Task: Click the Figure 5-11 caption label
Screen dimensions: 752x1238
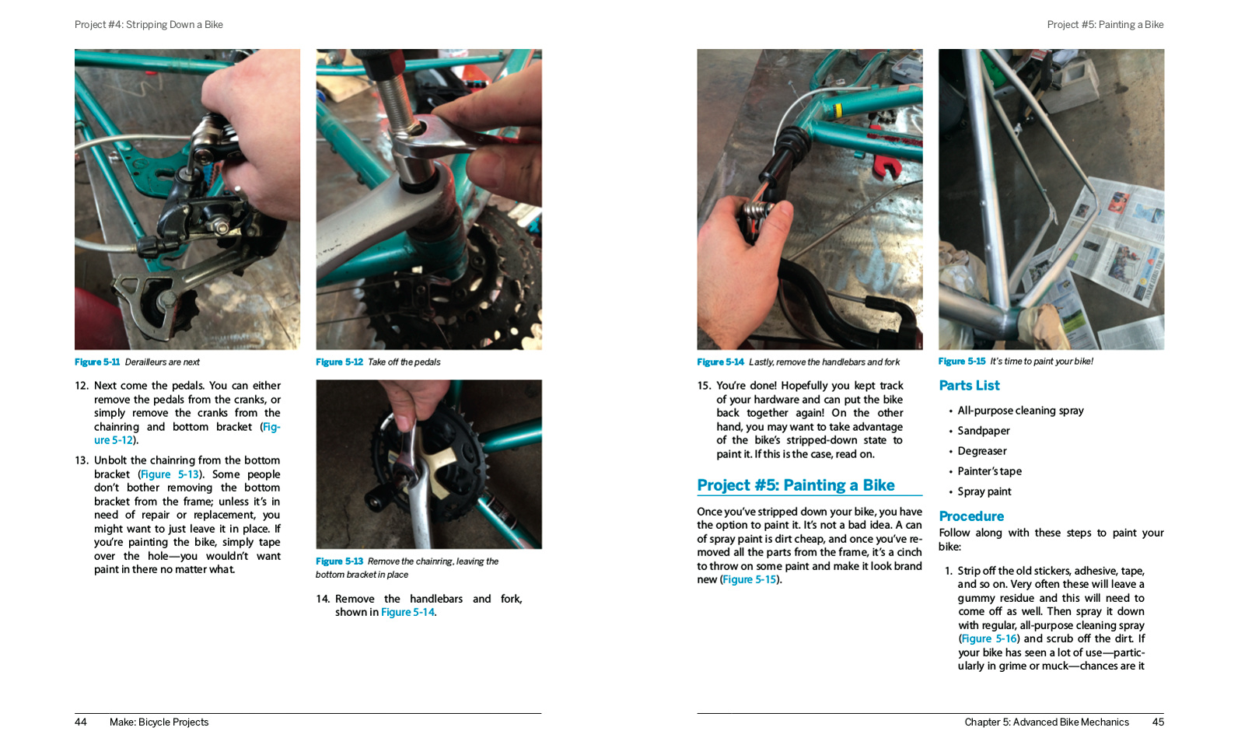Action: [x=97, y=362]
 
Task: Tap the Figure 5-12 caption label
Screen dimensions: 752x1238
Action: [x=339, y=362]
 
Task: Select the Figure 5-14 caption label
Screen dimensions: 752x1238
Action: [x=720, y=362]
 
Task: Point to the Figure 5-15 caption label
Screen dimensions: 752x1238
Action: [x=961, y=362]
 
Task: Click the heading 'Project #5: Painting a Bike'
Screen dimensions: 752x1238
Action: [x=796, y=485]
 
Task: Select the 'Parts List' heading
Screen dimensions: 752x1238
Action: [x=969, y=386]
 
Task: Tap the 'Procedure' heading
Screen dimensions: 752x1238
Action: [x=971, y=516]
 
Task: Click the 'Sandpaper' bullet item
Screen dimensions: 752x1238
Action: [x=984, y=431]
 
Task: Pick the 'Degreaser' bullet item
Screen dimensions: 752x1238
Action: [x=982, y=451]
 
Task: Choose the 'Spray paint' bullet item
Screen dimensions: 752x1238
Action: [x=984, y=491]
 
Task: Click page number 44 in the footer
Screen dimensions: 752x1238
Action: [x=81, y=722]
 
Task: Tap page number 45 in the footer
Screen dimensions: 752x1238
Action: [x=1158, y=722]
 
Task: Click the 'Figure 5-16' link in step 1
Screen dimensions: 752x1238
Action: [x=989, y=639]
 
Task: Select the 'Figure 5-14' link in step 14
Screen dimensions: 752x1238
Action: [x=407, y=613]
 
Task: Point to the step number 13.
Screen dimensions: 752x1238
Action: [x=82, y=460]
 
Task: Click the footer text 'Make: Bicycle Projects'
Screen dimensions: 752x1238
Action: [x=159, y=722]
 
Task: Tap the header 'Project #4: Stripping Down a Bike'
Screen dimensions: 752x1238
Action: [x=149, y=25]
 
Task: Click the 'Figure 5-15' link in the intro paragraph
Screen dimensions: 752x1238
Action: [x=750, y=580]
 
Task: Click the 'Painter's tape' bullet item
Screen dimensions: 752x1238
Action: [x=990, y=471]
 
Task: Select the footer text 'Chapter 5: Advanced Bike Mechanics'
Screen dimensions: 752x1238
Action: [x=1047, y=722]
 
